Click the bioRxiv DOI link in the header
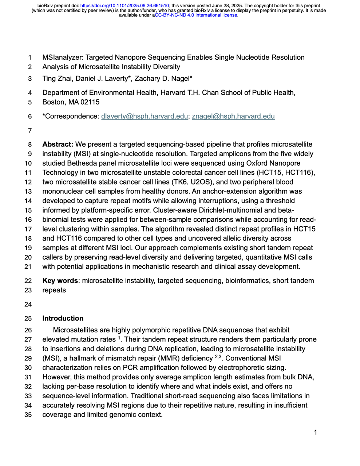[x=124, y=6]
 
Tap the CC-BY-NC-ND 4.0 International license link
[x=196, y=15]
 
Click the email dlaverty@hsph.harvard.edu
[x=145, y=116]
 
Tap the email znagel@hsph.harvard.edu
[x=233, y=116]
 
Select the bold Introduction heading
[x=63, y=319]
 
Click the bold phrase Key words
[x=60, y=281]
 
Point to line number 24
[x=28, y=304]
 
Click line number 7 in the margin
[x=30, y=131]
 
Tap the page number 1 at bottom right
[x=315, y=433]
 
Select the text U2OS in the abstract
[x=203, y=182]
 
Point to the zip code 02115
[x=90, y=102]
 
